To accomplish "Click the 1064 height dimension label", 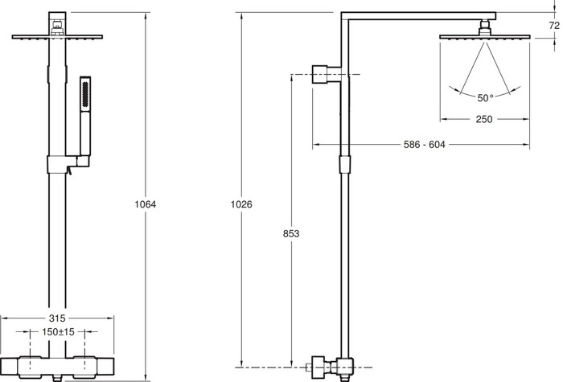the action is (x=146, y=204).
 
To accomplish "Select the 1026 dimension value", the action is (x=241, y=204).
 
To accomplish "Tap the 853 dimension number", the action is (x=291, y=234).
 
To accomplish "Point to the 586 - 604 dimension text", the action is (x=425, y=145).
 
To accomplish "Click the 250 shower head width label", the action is (x=484, y=119).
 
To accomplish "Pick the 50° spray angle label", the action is (x=485, y=98).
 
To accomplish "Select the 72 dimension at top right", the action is (x=554, y=26).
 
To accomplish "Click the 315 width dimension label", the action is (x=57, y=318).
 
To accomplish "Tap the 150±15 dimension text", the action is (x=58, y=331).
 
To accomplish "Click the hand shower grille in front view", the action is (x=85, y=94).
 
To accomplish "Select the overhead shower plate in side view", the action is (x=485, y=37).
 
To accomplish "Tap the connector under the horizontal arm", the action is (x=485, y=27).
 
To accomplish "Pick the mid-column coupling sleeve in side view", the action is (x=344, y=164).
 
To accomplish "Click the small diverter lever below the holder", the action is (x=69, y=171).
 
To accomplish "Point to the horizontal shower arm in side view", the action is (x=418, y=16).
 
